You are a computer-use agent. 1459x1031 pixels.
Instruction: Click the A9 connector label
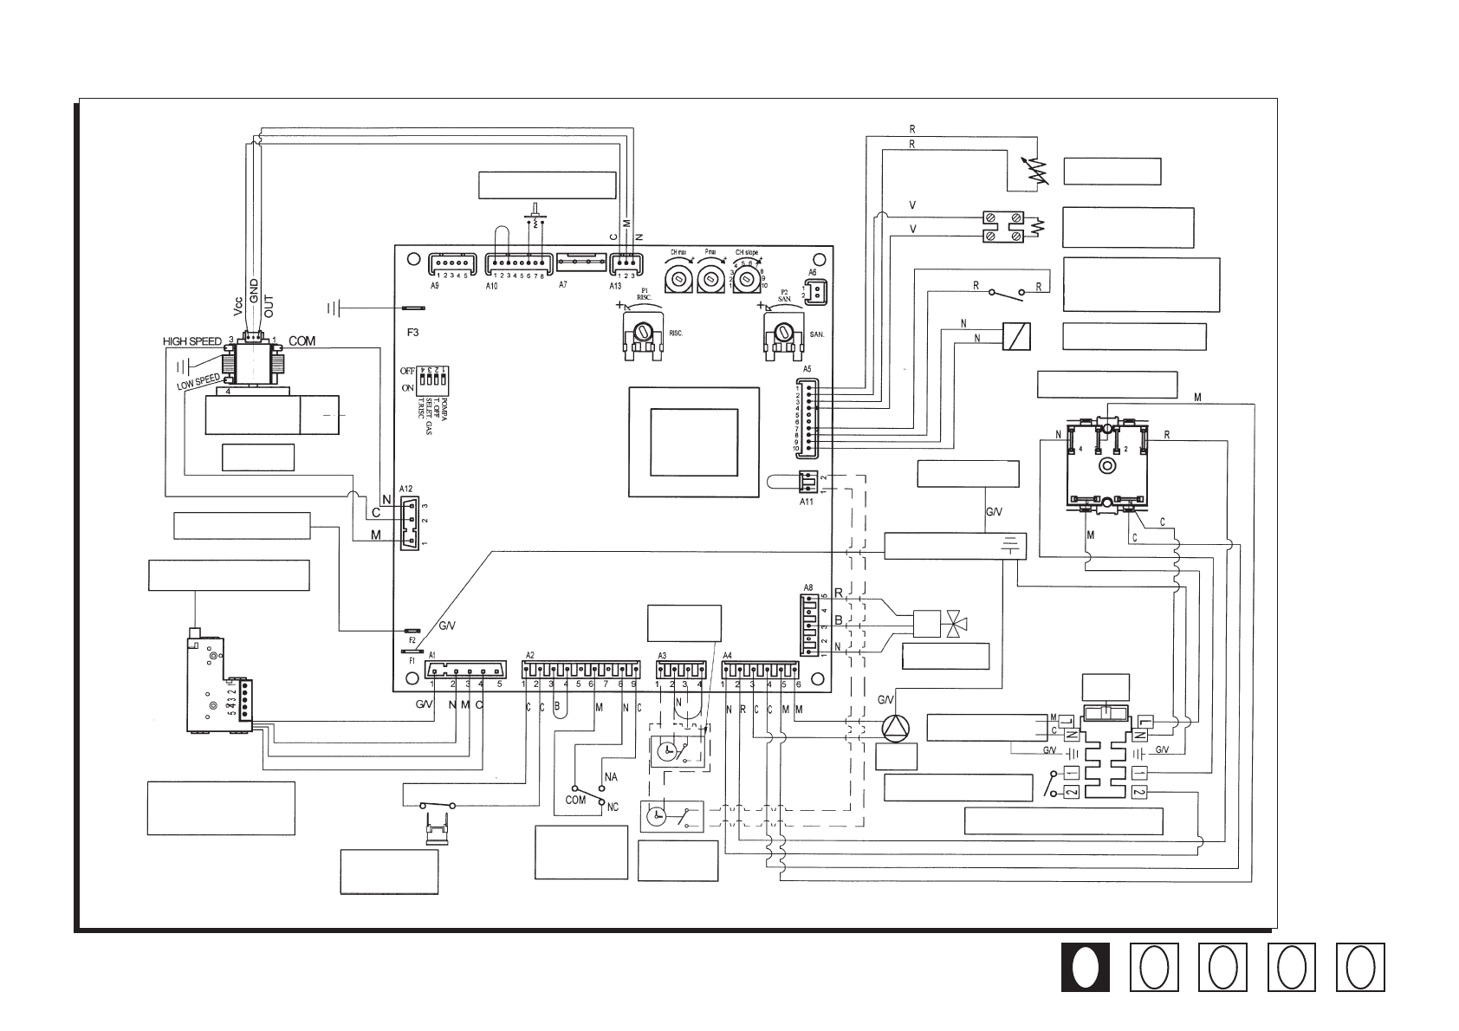[435, 284]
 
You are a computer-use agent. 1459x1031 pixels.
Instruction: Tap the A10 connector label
[491, 284]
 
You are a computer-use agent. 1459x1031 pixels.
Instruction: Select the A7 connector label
[562, 284]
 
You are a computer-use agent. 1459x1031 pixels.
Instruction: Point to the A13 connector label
[615, 284]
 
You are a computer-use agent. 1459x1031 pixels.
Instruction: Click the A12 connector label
[406, 488]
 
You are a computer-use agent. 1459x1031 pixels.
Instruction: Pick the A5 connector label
[807, 369]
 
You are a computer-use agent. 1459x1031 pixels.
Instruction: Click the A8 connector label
[808, 587]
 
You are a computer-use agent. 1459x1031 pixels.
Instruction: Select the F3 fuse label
[412, 331]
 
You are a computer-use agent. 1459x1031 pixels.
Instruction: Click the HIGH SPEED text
[192, 341]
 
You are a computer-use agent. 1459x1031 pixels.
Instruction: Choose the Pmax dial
[710, 277]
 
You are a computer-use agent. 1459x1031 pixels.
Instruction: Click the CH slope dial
[745, 279]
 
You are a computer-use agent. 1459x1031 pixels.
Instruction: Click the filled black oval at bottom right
[1085, 967]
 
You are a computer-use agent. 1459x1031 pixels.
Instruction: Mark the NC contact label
[613, 807]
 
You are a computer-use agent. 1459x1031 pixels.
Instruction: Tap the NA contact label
[611, 776]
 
